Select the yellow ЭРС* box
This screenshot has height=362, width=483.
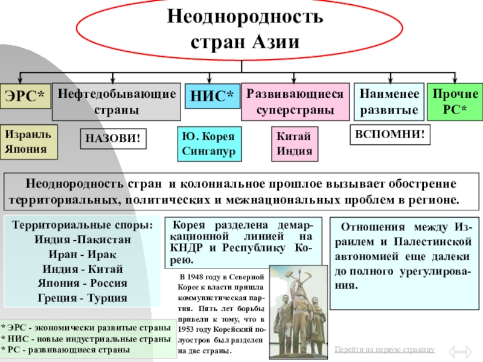25,97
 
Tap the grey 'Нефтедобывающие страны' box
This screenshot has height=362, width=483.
117,101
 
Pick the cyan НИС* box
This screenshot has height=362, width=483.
211,96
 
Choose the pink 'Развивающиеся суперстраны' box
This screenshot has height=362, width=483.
295,102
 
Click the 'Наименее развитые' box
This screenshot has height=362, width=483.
388,101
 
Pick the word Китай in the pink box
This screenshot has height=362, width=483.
290,137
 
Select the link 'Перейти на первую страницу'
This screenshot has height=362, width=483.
384,349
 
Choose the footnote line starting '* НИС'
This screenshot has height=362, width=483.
85,340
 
